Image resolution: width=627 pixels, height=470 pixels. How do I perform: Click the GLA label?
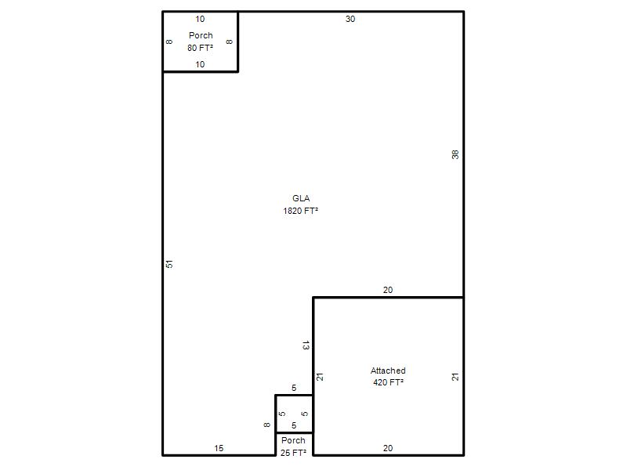tap(301, 198)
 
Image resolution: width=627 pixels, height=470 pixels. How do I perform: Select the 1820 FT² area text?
tap(300, 211)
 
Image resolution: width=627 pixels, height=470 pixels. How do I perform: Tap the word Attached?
tap(388, 371)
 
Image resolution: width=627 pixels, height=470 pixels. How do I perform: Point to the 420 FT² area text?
tap(388, 382)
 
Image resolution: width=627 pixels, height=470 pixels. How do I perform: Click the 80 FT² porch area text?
tap(200, 48)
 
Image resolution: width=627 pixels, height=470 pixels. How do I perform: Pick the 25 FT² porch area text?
tap(293, 453)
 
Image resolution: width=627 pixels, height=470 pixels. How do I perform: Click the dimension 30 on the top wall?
tap(350, 19)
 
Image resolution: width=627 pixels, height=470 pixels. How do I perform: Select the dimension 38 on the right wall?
tap(455, 154)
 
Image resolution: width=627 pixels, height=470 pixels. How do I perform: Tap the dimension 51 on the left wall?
tap(169, 264)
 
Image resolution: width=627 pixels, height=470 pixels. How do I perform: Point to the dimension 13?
tap(306, 345)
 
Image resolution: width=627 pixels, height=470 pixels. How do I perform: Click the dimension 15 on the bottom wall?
tap(219, 448)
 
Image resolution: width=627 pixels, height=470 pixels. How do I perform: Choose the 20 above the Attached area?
tap(388, 290)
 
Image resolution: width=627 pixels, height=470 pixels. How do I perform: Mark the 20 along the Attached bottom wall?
tap(388, 448)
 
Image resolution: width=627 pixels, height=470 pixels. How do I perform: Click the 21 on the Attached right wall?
tap(455, 377)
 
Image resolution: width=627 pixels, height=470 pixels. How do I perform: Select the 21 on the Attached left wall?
tap(320, 377)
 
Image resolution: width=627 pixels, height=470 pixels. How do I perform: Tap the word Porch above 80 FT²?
tap(201, 35)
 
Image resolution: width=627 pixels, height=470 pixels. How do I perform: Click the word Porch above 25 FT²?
tap(293, 440)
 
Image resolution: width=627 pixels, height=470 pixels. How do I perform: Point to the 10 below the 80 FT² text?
tap(200, 64)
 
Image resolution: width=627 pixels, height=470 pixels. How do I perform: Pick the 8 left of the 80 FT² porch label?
tap(169, 42)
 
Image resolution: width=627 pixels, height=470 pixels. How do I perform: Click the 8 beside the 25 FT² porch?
tap(266, 425)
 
